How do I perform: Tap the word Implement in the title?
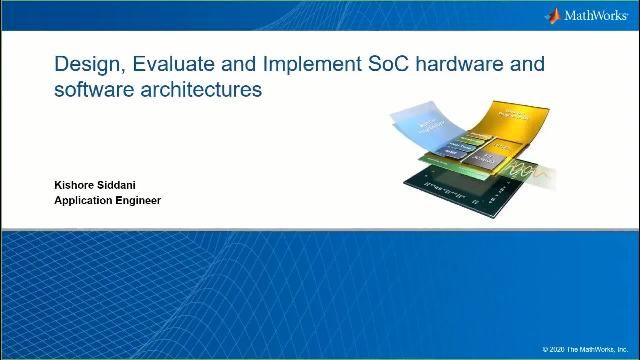click(305, 65)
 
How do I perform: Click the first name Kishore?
click(75, 185)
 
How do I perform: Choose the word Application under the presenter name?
click(85, 200)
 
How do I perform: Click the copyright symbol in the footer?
click(546, 349)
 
